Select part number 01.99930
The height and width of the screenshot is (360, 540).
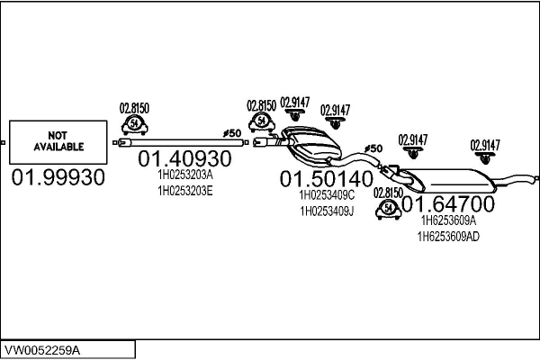click(58, 177)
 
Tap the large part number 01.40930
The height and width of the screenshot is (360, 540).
click(184, 158)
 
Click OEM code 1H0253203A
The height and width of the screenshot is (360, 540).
click(185, 175)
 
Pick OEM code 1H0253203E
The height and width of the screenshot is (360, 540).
click(185, 191)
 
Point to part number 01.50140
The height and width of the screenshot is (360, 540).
click(327, 179)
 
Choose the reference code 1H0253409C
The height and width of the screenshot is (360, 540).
click(327, 195)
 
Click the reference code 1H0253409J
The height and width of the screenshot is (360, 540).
click(327, 211)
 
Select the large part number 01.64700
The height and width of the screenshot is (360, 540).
click(448, 203)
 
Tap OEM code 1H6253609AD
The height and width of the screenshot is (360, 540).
click(448, 237)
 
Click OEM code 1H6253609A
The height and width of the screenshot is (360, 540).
click(448, 220)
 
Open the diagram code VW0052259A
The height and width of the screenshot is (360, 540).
click(42, 350)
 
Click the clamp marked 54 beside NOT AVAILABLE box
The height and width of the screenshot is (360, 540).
click(135, 125)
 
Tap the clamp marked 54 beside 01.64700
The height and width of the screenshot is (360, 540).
click(389, 209)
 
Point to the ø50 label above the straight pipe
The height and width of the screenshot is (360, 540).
click(232, 133)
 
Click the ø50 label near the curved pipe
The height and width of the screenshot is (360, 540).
click(373, 148)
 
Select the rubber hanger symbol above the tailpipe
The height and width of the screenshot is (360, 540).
click(485, 157)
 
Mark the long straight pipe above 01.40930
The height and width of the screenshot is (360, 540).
click(181, 142)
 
